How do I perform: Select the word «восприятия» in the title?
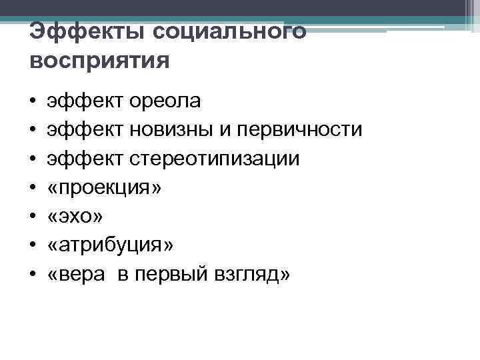coord(100,61)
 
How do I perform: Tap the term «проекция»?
coord(105,188)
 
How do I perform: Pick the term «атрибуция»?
coord(111,245)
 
